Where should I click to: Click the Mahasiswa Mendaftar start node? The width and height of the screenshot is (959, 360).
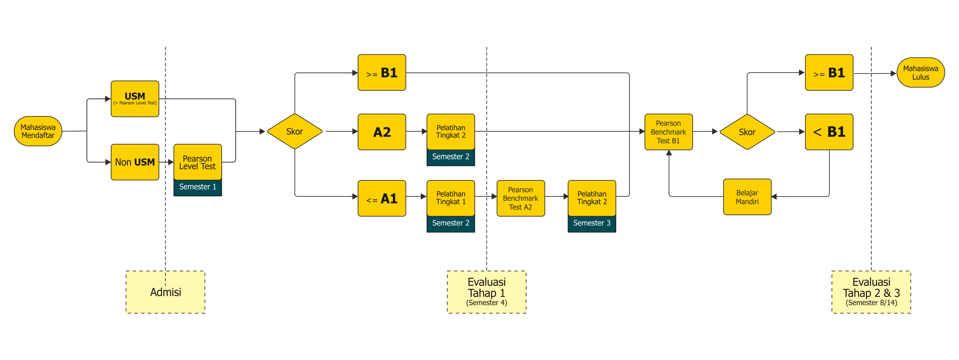point(38,131)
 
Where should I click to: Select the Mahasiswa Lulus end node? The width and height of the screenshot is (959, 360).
point(920,73)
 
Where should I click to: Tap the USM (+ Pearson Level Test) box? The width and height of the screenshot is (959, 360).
point(135,99)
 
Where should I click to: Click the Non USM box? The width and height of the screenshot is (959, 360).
point(135,162)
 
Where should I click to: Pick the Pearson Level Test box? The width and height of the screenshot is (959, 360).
point(197,162)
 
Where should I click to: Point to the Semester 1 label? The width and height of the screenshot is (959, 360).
point(197,187)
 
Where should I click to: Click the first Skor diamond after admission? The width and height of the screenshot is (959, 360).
point(294,131)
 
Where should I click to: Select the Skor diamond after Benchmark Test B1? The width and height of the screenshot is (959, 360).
point(747,132)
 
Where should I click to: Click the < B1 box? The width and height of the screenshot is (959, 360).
point(829,132)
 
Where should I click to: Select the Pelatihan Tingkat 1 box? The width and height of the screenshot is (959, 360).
point(450,198)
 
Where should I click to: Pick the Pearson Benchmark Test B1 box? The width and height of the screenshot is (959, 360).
point(668,132)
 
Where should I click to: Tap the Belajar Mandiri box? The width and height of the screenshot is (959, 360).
point(747,197)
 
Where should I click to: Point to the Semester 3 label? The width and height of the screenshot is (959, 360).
point(591,223)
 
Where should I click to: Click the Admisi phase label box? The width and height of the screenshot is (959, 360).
point(165,292)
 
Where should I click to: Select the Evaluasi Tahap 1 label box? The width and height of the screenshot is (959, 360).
point(486,292)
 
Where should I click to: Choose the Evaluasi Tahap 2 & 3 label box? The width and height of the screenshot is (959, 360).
point(871,292)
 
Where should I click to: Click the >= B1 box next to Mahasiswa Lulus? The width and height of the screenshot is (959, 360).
point(829,73)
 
